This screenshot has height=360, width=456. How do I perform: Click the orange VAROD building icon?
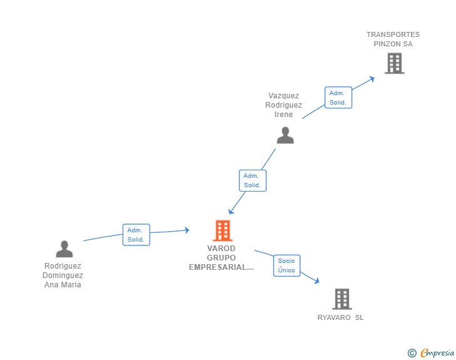[x=223, y=230]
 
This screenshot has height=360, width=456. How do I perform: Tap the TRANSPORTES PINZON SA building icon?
[x=395, y=63]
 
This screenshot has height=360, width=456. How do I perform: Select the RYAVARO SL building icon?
[x=342, y=299]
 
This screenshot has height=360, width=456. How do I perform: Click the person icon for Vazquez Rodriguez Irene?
[x=285, y=135]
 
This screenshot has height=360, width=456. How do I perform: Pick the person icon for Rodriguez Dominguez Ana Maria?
[x=65, y=249]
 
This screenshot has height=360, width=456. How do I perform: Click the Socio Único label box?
[x=287, y=265]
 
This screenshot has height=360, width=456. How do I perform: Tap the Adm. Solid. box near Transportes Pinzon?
[x=338, y=98]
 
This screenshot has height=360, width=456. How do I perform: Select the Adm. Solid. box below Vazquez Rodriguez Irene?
[x=252, y=180]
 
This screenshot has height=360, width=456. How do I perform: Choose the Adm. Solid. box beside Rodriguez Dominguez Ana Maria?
[x=137, y=235]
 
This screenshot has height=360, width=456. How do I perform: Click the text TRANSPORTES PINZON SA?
[x=393, y=39]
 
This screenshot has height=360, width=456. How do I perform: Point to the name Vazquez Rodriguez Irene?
[x=284, y=105]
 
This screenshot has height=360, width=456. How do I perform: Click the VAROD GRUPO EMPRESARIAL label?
[x=221, y=258]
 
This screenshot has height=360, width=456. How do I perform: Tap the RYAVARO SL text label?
[x=341, y=317]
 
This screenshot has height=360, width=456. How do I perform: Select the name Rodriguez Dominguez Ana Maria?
[x=63, y=275]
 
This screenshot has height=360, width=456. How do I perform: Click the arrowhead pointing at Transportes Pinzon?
[x=371, y=79]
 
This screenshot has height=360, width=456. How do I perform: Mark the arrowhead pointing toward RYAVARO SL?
[x=317, y=280]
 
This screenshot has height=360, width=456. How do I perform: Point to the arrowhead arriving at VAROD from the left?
[x=187, y=230]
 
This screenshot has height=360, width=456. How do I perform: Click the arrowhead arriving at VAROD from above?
[x=231, y=211]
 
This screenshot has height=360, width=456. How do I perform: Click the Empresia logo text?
[x=437, y=353]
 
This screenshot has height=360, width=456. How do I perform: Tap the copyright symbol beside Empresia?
[x=412, y=353]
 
